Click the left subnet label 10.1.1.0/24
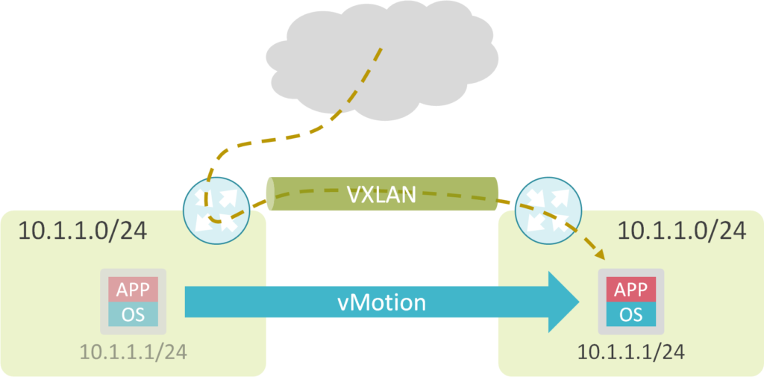tap(82, 231)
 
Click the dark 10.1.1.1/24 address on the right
tap(628, 349)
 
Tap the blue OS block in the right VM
tap(629, 314)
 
